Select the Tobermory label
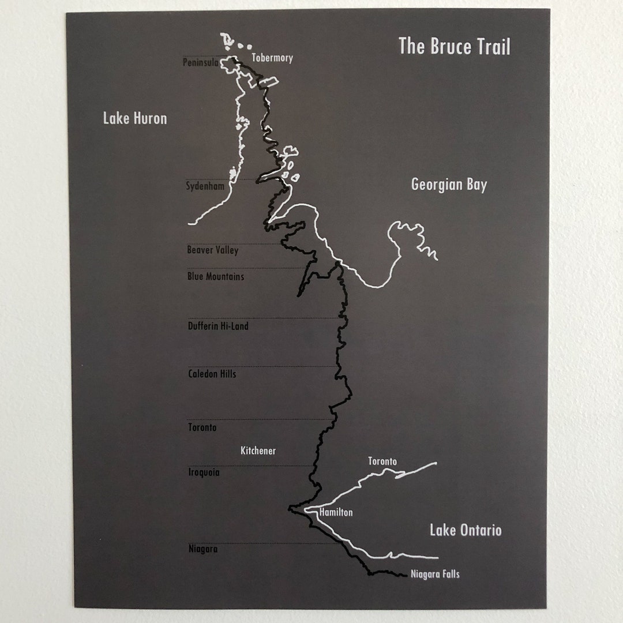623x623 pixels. point(272,58)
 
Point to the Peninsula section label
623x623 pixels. point(200,62)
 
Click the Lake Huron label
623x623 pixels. point(135,119)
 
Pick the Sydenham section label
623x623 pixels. point(205,186)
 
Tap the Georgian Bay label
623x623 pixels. point(449,185)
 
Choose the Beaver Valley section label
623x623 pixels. point(212,250)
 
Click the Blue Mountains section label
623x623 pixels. point(216,277)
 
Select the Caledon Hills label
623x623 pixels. point(212,374)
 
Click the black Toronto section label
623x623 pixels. point(202,428)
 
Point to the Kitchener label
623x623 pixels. point(258,451)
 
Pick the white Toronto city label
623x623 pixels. point(382,462)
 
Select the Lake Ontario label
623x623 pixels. point(466,531)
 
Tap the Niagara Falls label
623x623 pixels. point(435,575)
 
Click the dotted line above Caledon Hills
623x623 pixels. point(260,366)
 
